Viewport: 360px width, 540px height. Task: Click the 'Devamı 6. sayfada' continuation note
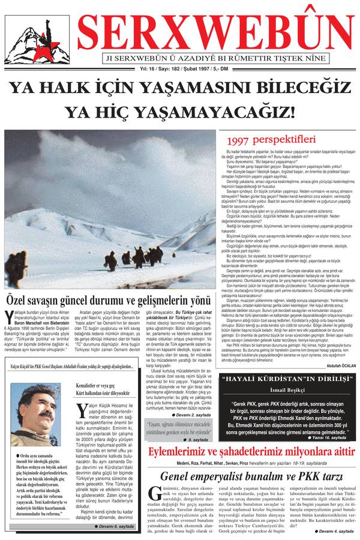pyautogui.click(x=121, y=525)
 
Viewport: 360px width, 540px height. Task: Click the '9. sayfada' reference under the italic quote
pyautogui.click(x=194, y=439)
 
